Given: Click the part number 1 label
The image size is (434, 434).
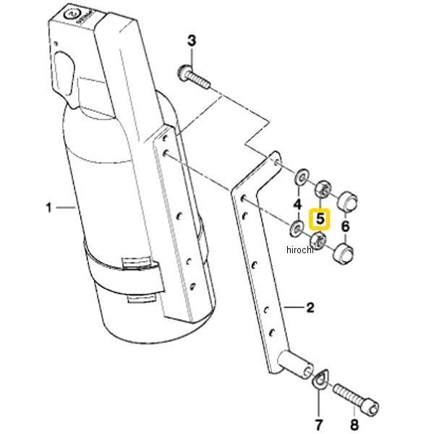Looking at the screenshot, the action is (x=48, y=208).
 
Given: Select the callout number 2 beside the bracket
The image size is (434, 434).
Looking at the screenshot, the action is (x=310, y=307).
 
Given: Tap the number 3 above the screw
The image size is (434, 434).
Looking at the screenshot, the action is (x=192, y=41).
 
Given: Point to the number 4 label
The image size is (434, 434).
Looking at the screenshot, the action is (x=297, y=205).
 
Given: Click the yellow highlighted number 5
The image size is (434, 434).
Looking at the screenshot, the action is (x=320, y=219).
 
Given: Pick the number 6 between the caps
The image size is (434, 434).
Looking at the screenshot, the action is (x=345, y=226).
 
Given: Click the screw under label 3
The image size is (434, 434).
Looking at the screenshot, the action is (x=193, y=77).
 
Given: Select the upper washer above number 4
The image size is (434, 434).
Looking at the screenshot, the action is (x=302, y=176).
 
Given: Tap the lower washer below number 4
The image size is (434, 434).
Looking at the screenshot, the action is (x=297, y=229).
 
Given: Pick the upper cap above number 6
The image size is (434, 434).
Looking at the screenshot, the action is (x=348, y=201).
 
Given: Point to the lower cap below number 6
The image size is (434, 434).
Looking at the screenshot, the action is (x=344, y=253).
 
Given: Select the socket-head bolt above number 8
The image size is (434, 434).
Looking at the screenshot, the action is (x=356, y=397).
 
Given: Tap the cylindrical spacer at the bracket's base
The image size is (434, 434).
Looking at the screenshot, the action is (x=296, y=364).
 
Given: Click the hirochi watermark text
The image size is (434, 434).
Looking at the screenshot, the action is (x=300, y=250).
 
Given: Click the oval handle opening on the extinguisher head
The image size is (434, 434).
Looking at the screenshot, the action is (x=65, y=73).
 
